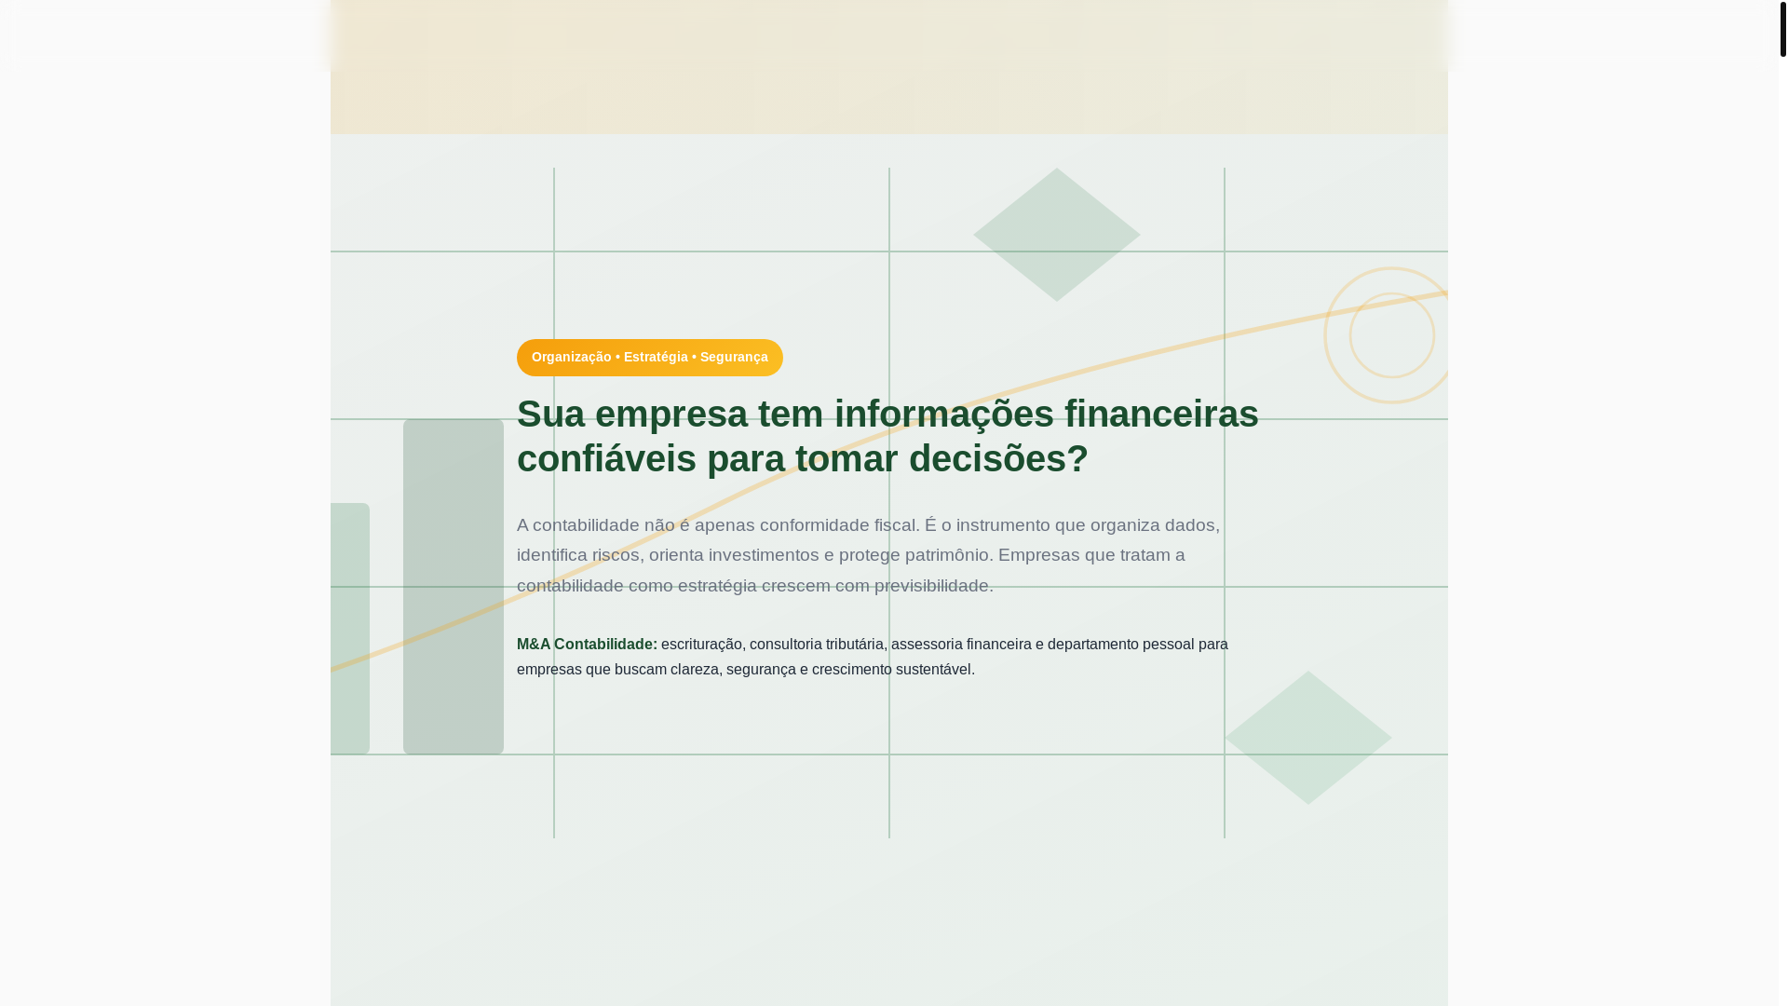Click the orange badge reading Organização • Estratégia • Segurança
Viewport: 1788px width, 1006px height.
click(x=649, y=358)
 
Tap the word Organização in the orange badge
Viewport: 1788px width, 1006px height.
click(x=571, y=358)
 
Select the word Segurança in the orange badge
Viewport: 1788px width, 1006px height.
click(x=734, y=358)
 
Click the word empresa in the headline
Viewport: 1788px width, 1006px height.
click(x=670, y=415)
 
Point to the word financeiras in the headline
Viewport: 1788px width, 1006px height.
click(x=1161, y=415)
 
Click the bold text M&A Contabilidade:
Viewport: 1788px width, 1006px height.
click(x=587, y=645)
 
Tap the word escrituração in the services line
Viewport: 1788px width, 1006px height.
click(x=701, y=645)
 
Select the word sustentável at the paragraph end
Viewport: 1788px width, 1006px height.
click(x=934, y=670)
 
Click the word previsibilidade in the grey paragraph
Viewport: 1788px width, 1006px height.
click(x=932, y=586)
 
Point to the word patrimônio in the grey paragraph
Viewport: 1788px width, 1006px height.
click(x=946, y=555)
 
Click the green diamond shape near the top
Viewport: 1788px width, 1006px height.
click(x=1056, y=235)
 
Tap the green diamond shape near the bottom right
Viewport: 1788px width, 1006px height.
click(x=1307, y=738)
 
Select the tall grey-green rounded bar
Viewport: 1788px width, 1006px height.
click(x=454, y=587)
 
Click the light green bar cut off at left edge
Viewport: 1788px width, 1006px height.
click(x=350, y=629)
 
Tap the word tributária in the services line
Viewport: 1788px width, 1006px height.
click(x=854, y=645)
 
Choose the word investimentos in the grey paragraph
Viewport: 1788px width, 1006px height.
click(x=764, y=555)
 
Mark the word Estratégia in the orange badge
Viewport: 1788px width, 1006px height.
click(x=656, y=358)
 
